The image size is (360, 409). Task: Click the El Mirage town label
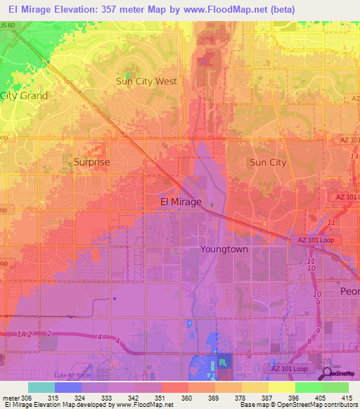181,202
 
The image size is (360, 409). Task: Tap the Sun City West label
146,81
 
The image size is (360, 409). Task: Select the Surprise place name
92,162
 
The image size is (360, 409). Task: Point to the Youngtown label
224,249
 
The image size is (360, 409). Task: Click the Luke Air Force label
74,375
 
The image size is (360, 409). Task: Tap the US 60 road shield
8,25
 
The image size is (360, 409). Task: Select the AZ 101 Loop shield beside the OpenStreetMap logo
290,369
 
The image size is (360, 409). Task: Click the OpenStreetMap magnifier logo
327,374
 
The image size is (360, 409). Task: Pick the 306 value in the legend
27,398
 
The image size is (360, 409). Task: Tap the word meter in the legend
10,398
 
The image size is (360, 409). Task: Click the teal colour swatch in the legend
41,387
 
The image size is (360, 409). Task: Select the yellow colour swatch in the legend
281,387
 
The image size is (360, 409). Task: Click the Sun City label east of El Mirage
268,162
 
